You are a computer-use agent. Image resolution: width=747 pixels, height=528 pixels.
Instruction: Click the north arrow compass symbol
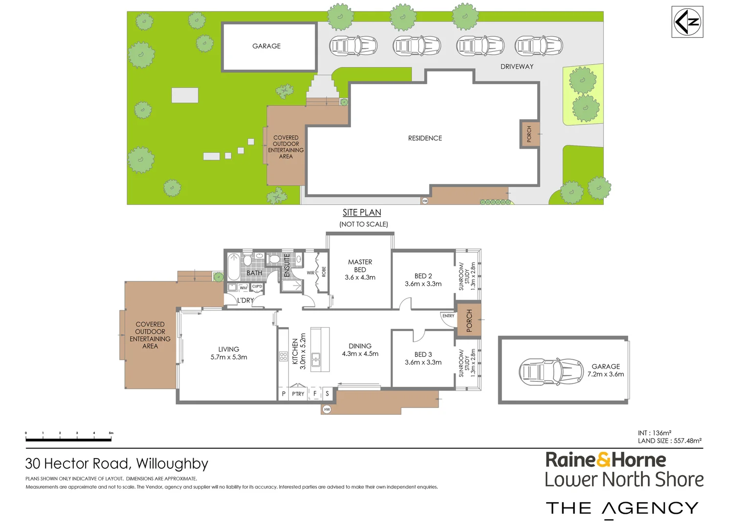pyautogui.click(x=687, y=22)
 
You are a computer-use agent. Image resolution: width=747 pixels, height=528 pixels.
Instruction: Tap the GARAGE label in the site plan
pyautogui.click(x=266, y=46)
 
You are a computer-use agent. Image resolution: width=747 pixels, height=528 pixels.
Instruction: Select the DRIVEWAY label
pyautogui.click(x=517, y=66)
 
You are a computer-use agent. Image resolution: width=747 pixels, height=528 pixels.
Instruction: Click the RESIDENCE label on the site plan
pyautogui.click(x=425, y=138)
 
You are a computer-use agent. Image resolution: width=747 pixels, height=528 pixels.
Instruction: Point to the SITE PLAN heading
pyautogui.click(x=362, y=213)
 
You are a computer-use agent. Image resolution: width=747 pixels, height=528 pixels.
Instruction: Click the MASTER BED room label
pyautogui.click(x=360, y=270)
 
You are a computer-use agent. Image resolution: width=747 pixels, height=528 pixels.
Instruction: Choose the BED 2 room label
pyautogui.click(x=423, y=280)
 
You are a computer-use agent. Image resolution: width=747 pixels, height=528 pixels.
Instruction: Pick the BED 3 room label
pyautogui.click(x=423, y=358)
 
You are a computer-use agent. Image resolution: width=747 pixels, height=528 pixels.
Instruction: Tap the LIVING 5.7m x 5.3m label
pyautogui.click(x=229, y=353)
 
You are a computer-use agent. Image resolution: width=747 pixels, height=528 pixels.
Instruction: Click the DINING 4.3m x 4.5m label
pyautogui.click(x=360, y=350)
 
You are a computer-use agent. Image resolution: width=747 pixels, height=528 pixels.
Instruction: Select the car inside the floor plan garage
pyautogui.click(x=551, y=372)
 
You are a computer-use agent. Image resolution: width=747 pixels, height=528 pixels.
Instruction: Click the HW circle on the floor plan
pyautogui.click(x=327, y=409)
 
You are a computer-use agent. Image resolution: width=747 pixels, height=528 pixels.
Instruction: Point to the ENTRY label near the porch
pyautogui.click(x=448, y=316)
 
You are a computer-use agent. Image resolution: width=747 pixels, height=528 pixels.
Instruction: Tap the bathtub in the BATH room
pyautogui.click(x=234, y=266)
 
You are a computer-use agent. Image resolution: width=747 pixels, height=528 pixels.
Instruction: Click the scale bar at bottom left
pyautogui.click(x=68, y=439)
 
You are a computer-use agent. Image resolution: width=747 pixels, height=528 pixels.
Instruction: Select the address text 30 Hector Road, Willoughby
pyautogui.click(x=117, y=463)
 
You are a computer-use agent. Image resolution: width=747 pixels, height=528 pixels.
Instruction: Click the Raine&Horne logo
pyautogui.click(x=606, y=460)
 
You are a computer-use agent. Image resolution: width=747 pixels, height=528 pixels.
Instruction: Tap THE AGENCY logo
pyautogui.click(x=622, y=508)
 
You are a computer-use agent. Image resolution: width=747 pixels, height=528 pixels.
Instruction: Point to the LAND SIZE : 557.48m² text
pyautogui.click(x=669, y=441)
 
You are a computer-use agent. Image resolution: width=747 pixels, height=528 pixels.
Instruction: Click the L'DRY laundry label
pyautogui.click(x=245, y=300)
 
